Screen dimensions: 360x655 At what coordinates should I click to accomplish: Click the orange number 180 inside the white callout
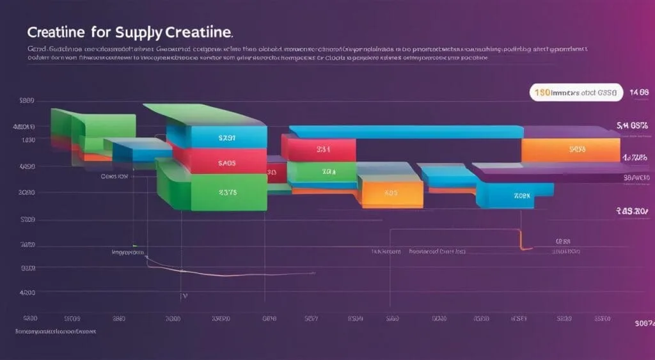542,92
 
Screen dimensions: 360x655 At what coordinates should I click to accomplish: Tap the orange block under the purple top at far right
571,150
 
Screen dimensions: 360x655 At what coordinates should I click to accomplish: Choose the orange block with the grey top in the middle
390,190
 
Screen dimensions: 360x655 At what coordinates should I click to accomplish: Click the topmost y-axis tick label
27,100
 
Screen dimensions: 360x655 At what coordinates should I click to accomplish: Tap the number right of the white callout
639,92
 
